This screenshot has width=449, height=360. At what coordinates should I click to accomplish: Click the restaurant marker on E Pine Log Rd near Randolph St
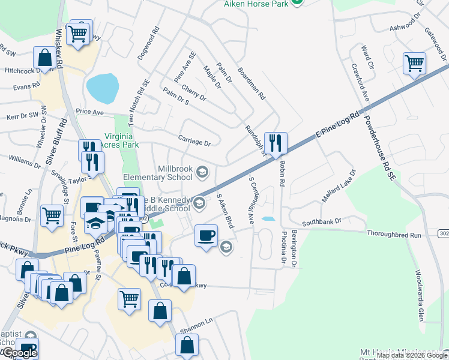[x=276, y=143]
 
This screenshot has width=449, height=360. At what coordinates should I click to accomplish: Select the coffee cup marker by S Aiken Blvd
[x=206, y=235]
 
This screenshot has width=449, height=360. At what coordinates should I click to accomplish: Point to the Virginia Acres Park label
[x=122, y=140]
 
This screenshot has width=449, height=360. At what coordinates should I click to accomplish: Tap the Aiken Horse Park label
[x=256, y=4]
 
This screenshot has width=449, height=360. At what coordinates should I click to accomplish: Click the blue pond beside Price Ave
[x=102, y=88]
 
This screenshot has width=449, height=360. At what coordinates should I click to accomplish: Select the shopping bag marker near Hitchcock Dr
[x=45, y=58]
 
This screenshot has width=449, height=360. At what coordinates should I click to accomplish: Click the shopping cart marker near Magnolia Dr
[x=52, y=214]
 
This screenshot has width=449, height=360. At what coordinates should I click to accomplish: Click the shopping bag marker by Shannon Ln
[x=187, y=345]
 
